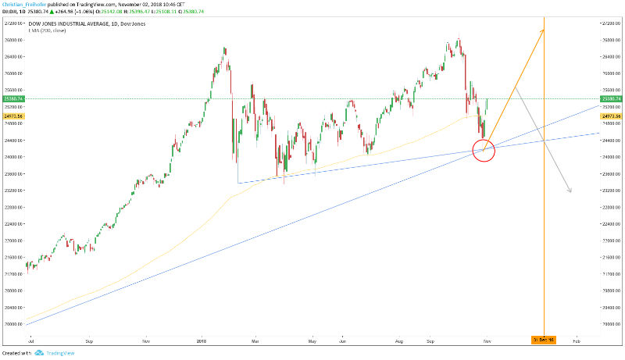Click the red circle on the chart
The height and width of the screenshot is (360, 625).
484,150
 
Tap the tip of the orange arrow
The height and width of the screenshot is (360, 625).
543,29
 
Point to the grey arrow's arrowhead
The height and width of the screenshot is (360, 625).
571,191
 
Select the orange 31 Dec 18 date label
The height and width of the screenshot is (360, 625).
543,340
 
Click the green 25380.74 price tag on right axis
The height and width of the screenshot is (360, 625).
611,99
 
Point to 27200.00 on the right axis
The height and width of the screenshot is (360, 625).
611,23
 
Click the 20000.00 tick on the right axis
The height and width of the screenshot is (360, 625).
611,324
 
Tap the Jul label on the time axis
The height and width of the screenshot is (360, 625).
30,341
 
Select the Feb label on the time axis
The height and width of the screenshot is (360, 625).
577,341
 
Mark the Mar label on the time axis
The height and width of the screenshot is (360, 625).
254,341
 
